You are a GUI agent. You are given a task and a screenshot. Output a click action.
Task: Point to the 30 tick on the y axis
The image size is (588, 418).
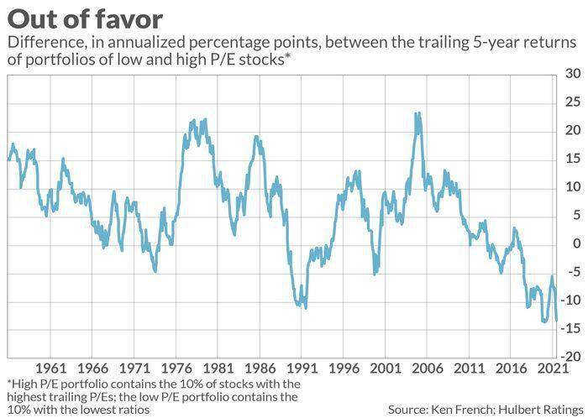pyautogui.click(x=573, y=74)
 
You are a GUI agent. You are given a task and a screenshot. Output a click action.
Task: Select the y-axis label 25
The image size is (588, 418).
pyautogui.click(x=573, y=102)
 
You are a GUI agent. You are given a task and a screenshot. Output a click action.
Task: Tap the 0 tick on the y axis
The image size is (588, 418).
pyautogui.click(x=576, y=243)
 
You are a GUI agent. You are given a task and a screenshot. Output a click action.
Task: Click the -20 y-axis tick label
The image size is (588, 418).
pyautogui.click(x=570, y=357)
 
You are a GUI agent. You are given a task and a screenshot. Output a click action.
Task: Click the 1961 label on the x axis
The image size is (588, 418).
pyautogui.click(x=50, y=369)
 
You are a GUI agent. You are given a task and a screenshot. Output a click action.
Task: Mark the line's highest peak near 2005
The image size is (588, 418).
pyautogui.click(x=417, y=112)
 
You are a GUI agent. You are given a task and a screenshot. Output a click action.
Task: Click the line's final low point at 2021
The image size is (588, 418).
pyautogui.click(x=556, y=321)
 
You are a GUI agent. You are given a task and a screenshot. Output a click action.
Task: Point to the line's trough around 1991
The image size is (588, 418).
pyautogui.click(x=305, y=307)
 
